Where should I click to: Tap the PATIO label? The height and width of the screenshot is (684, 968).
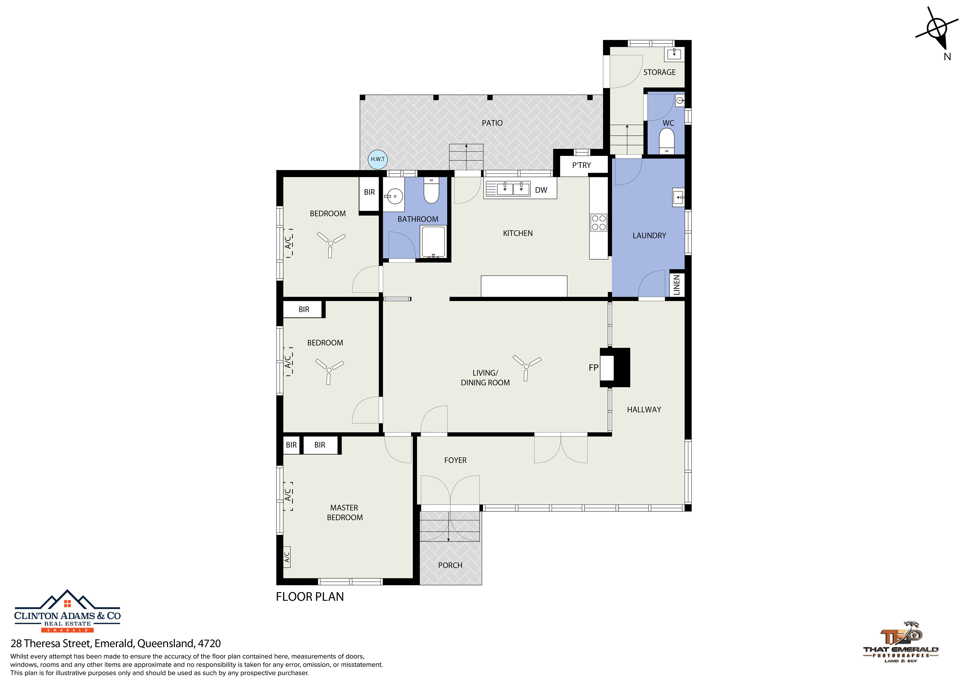(492, 123)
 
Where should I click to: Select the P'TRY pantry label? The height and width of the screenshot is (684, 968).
(581, 165)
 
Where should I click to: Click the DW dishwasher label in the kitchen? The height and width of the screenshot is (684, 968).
(541, 190)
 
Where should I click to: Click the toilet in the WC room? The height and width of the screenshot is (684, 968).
(666, 141)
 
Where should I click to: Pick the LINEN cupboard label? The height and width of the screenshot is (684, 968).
(677, 285)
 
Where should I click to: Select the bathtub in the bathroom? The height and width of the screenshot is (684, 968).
(432, 242)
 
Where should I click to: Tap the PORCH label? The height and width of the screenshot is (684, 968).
(450, 565)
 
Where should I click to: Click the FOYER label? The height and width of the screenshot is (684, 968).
(455, 460)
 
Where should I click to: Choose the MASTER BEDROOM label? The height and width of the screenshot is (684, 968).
(344, 513)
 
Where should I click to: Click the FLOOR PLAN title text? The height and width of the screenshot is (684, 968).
(310, 597)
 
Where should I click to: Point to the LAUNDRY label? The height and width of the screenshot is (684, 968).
(649, 236)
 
